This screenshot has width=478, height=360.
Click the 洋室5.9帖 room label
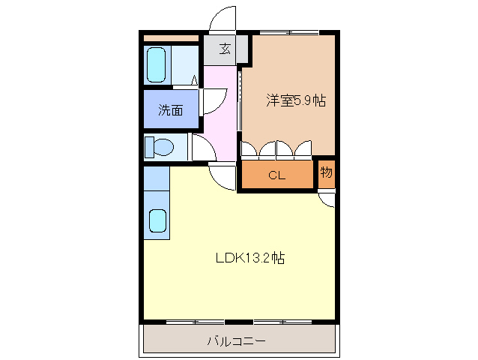(295, 100)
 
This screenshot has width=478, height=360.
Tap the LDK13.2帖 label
(249, 258)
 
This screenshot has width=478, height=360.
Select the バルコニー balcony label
(236, 341)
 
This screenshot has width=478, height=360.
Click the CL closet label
(276, 176)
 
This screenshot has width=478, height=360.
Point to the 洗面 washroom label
(170, 110)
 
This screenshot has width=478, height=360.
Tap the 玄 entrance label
(224, 51)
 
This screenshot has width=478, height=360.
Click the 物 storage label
(326, 172)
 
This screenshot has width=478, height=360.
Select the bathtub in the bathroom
(157, 65)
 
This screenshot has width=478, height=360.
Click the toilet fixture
(160, 145)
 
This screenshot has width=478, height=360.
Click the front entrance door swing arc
(222, 19)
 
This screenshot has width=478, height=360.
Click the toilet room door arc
(203, 146)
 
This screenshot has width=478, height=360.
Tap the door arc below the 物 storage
(327, 198)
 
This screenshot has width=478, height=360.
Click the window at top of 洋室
(289, 32)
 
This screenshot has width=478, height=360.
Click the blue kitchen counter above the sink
(157, 178)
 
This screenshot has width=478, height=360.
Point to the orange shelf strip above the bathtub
(171, 37)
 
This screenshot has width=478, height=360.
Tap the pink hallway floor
(223, 112)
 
